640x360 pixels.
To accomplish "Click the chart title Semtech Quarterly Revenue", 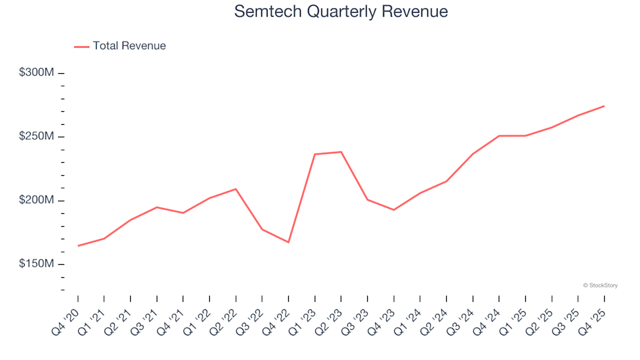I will pyautogui.click(x=341, y=12).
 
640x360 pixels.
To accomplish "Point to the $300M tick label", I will pyautogui.click(x=37, y=72).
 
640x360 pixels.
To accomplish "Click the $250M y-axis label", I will pyautogui.click(x=37, y=137).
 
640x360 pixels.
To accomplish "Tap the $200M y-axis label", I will pyautogui.click(x=37, y=201).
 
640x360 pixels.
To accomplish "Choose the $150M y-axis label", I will pyautogui.click(x=37, y=265).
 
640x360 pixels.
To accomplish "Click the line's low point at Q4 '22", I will pyautogui.click(x=289, y=242).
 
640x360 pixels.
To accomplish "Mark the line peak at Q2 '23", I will pyautogui.click(x=341, y=152).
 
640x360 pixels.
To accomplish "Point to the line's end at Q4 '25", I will pyautogui.click(x=604, y=106).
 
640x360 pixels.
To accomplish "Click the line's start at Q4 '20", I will pyautogui.click(x=78, y=246).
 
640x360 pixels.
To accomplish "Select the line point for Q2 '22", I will pyautogui.click(x=236, y=189).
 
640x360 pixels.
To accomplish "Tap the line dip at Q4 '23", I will pyautogui.click(x=394, y=210).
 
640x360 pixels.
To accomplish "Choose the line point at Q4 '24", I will pyautogui.click(x=499, y=136).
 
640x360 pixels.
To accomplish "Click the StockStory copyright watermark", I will pyautogui.click(x=600, y=285).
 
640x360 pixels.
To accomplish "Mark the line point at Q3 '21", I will pyautogui.click(x=157, y=207).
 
